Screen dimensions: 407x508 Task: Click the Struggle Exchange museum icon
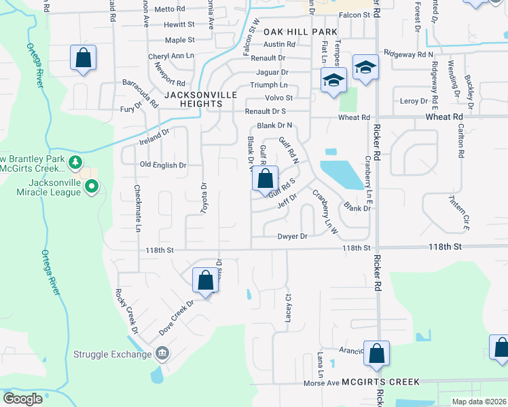162,353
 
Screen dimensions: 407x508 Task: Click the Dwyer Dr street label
293,236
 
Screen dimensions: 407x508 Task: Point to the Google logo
22,399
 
